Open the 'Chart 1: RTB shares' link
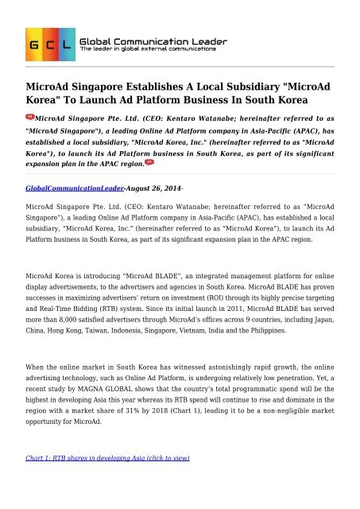pyautogui.click(x=92, y=483)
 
